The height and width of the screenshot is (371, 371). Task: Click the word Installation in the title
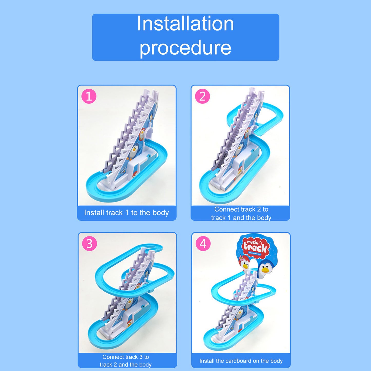coord(185,24)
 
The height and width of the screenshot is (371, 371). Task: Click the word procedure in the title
coord(185,48)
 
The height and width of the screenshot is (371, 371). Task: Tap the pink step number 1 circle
coord(89,97)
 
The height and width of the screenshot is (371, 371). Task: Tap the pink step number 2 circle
coord(202,97)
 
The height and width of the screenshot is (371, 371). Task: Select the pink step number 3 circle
coord(89,244)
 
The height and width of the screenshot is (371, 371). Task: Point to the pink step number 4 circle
coord(203,244)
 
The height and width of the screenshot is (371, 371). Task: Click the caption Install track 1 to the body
coord(126,213)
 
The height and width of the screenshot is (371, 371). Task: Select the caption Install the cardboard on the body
coord(241,361)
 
